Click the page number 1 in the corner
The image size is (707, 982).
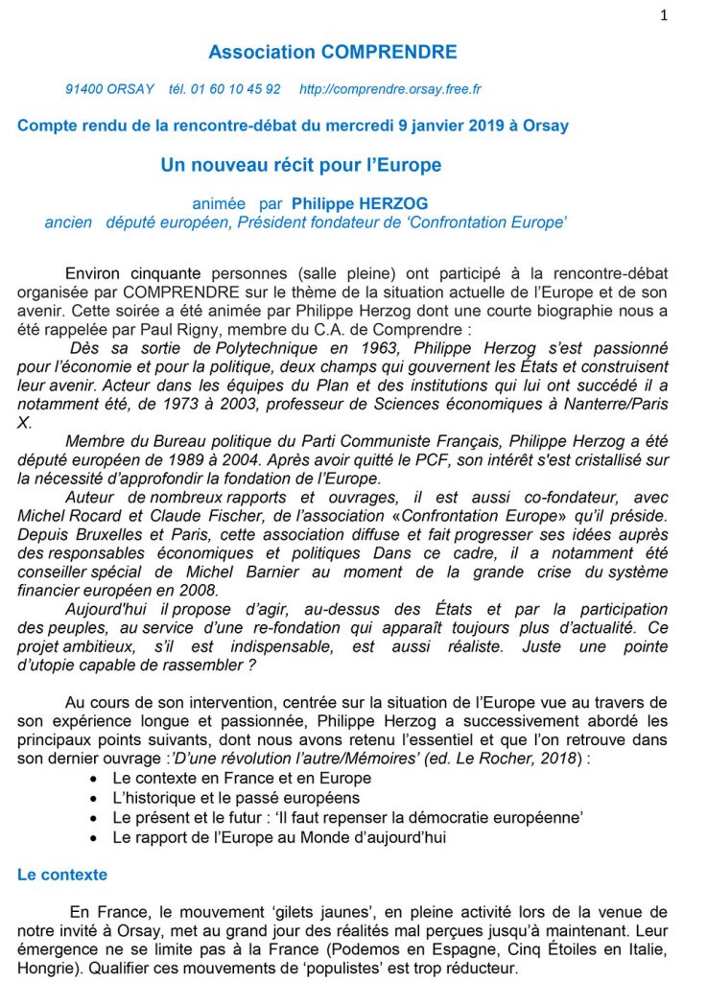pyautogui.click(x=664, y=15)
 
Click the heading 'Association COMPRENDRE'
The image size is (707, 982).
pyautogui.click(x=333, y=52)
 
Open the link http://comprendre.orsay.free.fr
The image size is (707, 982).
pyautogui.click(x=389, y=89)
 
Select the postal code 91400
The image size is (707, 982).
pyautogui.click(x=82, y=89)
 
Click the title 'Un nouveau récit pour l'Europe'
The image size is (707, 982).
pyautogui.click(x=301, y=165)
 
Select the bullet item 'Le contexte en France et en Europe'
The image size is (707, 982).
pyautogui.click(x=242, y=778)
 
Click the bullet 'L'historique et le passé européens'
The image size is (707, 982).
pyautogui.click(x=236, y=797)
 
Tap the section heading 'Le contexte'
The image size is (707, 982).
pyautogui.click(x=62, y=875)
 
